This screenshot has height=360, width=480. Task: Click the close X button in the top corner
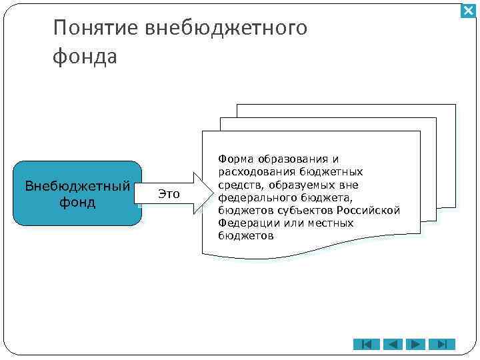click(469, 11)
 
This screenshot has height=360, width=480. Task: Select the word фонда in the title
click(84, 57)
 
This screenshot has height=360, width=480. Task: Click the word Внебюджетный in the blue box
click(77, 185)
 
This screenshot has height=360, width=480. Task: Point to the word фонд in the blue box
click(77, 201)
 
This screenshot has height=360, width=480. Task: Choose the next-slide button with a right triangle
click(416, 344)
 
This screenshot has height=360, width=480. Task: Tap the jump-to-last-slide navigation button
click(441, 344)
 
